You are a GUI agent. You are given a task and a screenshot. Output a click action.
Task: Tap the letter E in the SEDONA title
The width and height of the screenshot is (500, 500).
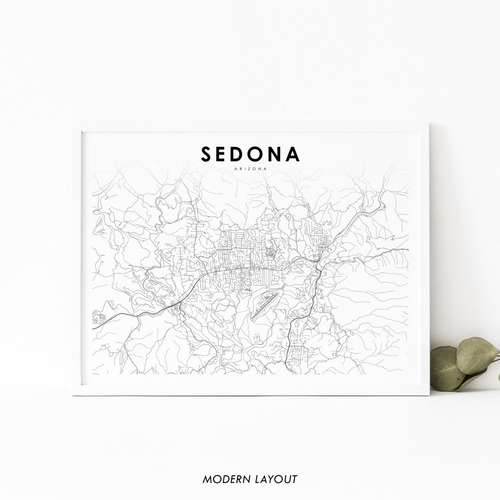tap(225, 154)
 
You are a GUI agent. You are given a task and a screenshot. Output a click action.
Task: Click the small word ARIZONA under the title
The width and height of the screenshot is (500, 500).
tap(250, 169)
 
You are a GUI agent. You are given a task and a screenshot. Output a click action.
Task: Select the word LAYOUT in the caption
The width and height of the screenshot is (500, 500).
tap(276, 479)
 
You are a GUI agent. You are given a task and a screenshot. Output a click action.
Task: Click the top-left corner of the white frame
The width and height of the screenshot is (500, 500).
tap(73, 124)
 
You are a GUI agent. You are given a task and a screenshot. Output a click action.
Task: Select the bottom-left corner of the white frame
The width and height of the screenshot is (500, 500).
tap(73, 394)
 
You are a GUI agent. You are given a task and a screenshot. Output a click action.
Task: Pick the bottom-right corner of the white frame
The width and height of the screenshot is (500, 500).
tap(428, 394)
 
